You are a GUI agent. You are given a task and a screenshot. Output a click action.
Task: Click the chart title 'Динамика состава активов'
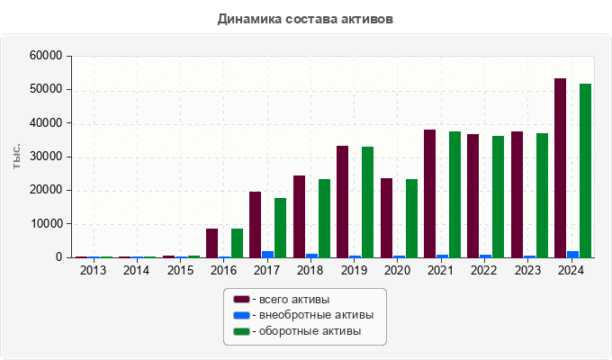coord(305,18)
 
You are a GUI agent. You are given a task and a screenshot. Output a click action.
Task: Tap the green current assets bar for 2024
coord(585,171)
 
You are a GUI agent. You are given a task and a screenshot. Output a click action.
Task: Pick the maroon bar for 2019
coord(342,202)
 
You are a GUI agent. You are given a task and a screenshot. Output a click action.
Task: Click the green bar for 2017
coord(281,228)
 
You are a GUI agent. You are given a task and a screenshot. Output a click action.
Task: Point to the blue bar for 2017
coord(268,254)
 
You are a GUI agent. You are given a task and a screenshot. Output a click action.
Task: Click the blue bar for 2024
coord(572,254)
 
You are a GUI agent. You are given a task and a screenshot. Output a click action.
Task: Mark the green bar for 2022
coord(498,196)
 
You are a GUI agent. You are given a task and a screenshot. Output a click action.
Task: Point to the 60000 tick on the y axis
coord(48,56)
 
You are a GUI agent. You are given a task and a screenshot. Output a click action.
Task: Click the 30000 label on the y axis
coord(48,157)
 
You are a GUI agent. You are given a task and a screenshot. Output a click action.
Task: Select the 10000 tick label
coord(48,224)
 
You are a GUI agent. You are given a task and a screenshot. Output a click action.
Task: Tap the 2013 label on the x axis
coord(93,270)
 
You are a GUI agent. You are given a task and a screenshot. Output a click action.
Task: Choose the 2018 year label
coord(311,270)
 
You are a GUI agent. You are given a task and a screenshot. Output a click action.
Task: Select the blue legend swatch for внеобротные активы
coord(241,315)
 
